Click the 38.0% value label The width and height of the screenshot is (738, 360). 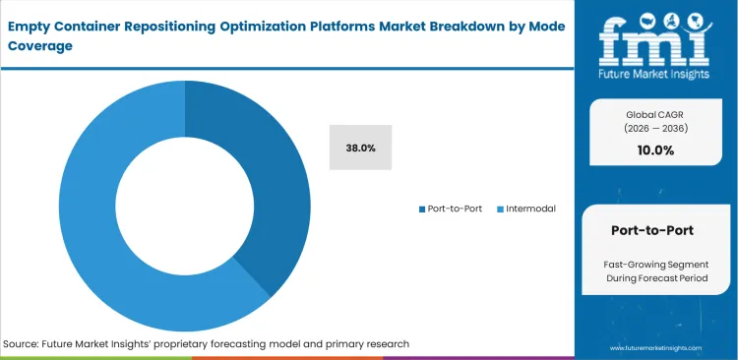point(360,148)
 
